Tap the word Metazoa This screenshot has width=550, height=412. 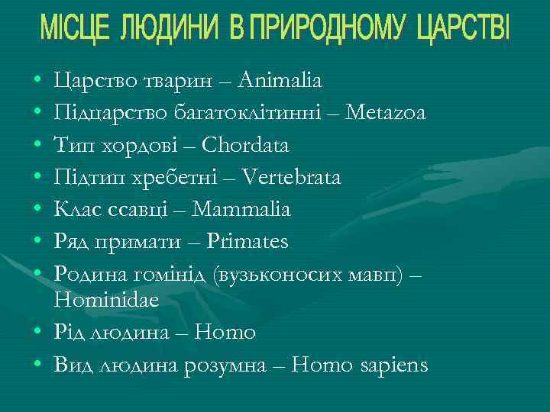point(386,112)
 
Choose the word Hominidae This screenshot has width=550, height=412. point(107,301)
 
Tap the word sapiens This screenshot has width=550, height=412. point(393,365)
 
